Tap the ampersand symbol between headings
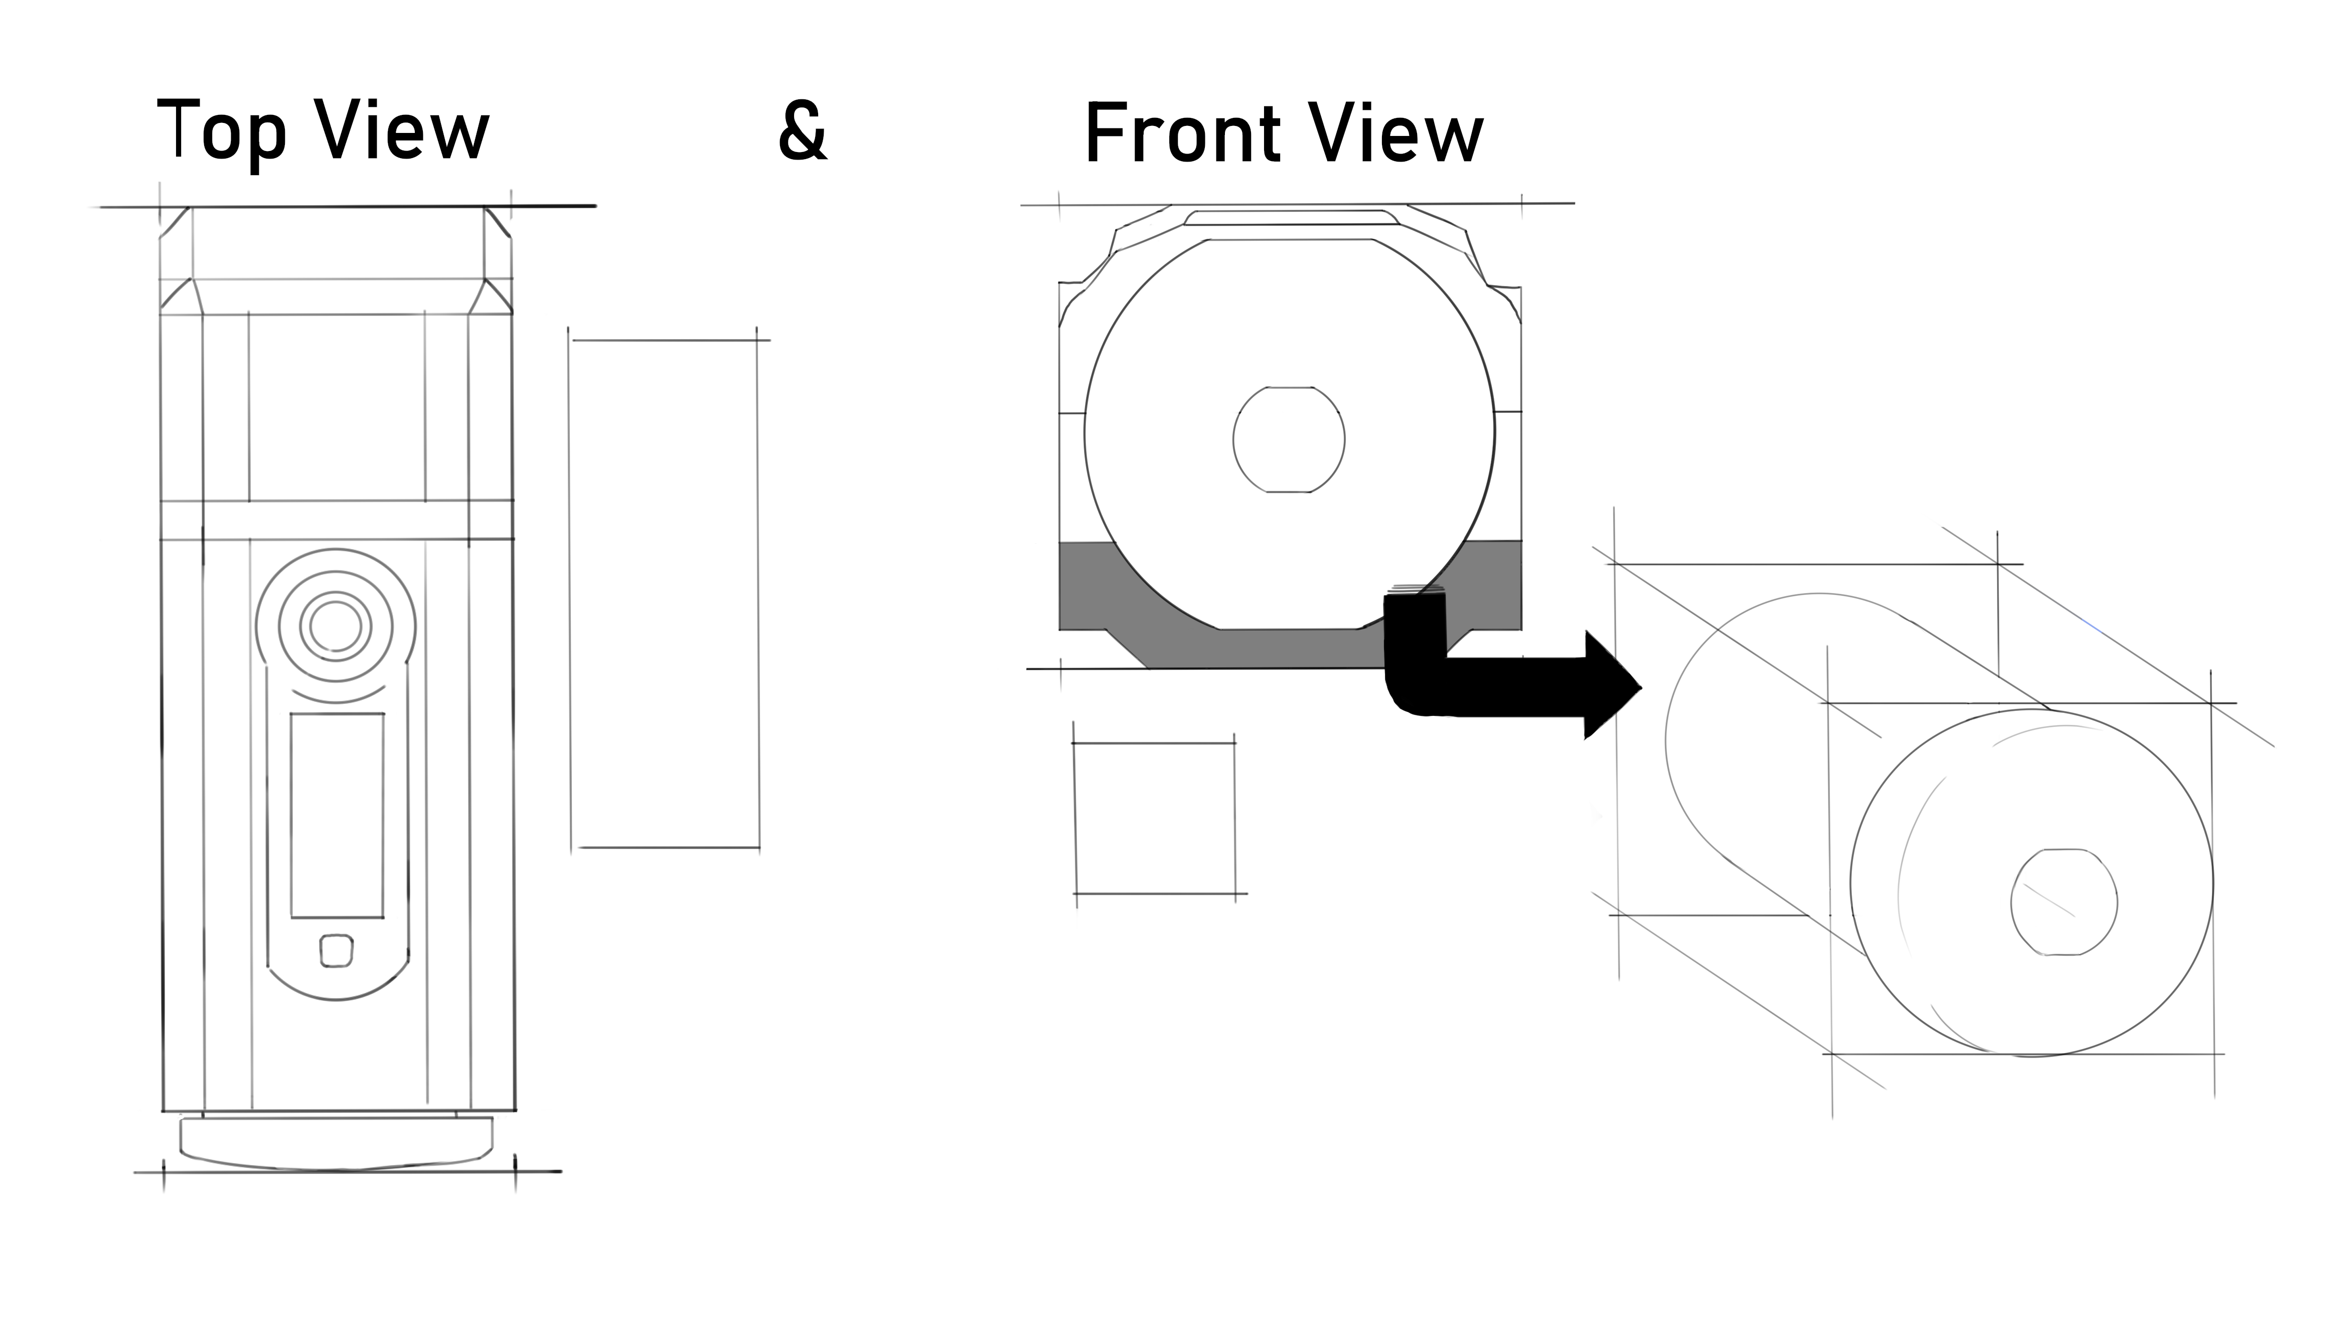(803, 132)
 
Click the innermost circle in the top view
(336, 625)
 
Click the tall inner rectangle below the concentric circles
(337, 815)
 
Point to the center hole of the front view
(1289, 439)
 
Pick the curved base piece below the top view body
(336, 1142)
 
